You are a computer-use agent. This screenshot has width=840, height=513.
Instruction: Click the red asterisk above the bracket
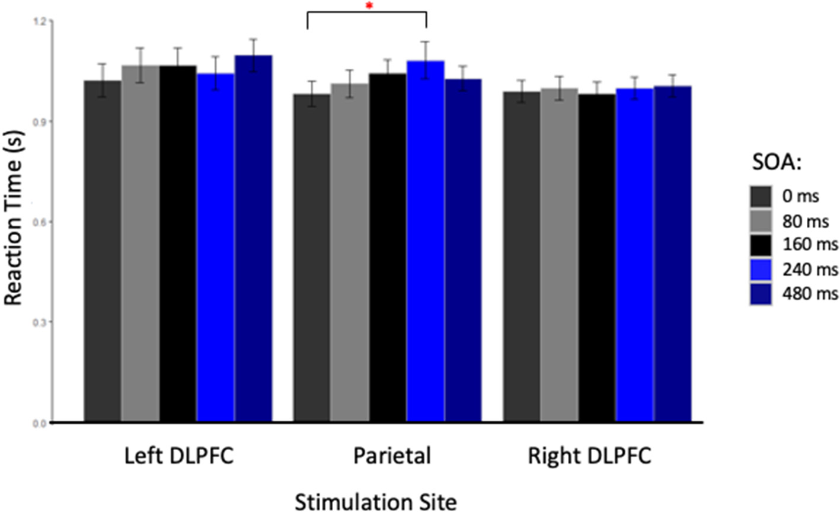coord(369,6)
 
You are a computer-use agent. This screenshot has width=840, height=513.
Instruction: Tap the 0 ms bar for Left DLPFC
coord(103,251)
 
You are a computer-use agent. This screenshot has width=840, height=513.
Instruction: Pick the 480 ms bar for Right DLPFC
coord(673,254)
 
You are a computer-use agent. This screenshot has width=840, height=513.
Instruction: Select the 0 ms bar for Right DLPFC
coord(522,257)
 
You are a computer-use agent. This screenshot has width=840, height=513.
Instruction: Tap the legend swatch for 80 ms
coord(761,220)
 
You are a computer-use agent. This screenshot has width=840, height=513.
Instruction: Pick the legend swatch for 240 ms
coord(761,269)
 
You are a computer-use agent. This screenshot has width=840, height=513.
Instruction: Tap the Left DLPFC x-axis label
coord(178,457)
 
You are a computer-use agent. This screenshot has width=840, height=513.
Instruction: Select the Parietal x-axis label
coord(392,457)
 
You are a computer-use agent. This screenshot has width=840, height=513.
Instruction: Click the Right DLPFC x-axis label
coord(589,457)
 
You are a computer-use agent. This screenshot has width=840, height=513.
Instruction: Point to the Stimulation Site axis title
coord(376,501)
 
